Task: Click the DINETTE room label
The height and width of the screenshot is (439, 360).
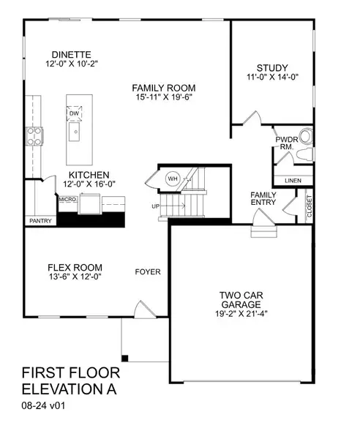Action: pyautogui.click(x=70, y=53)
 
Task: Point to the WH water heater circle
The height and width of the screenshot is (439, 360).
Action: pyautogui.click(x=173, y=178)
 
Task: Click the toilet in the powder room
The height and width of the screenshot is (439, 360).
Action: pyautogui.click(x=306, y=137)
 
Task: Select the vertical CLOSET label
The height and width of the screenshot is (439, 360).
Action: pyautogui.click(x=310, y=208)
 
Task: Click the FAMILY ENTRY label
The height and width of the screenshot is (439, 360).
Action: pyautogui.click(x=263, y=198)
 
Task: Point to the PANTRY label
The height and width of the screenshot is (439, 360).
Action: pyautogui.click(x=40, y=219)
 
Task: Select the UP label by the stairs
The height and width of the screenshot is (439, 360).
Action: pyautogui.click(x=155, y=207)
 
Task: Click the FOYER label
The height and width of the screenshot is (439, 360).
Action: pyautogui.click(x=148, y=272)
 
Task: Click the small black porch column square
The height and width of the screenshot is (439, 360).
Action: pyautogui.click(x=124, y=358)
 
